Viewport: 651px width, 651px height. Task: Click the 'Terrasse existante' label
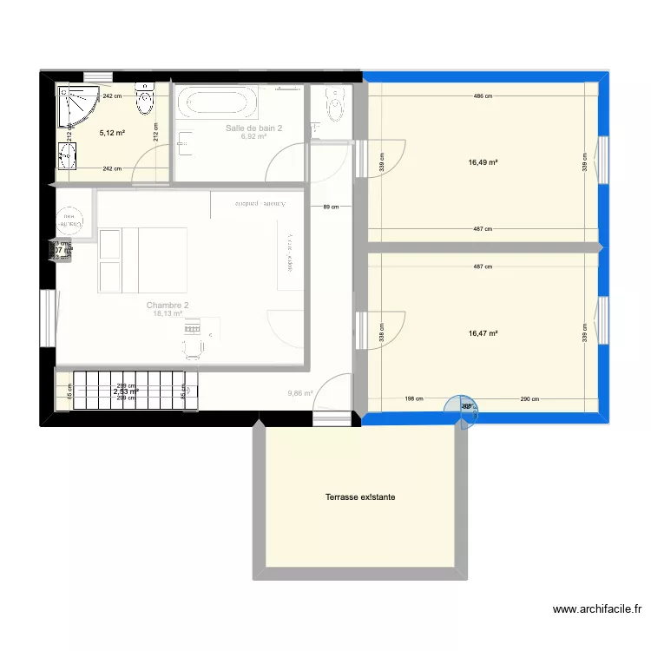point(358,498)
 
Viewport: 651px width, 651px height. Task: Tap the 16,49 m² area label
point(483,161)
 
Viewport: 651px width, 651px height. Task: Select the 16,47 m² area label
point(483,332)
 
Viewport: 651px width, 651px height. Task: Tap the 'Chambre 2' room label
point(168,306)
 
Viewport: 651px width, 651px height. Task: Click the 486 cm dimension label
point(483,96)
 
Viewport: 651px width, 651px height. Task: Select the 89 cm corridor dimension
point(330,207)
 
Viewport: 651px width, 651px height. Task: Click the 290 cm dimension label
point(530,399)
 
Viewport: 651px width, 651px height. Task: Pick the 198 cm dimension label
point(413,399)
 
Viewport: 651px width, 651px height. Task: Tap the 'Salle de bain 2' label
point(254,128)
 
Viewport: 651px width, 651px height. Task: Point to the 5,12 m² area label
point(113,133)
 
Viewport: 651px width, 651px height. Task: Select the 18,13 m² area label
point(168,314)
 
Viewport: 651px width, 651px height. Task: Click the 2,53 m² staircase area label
point(126,392)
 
